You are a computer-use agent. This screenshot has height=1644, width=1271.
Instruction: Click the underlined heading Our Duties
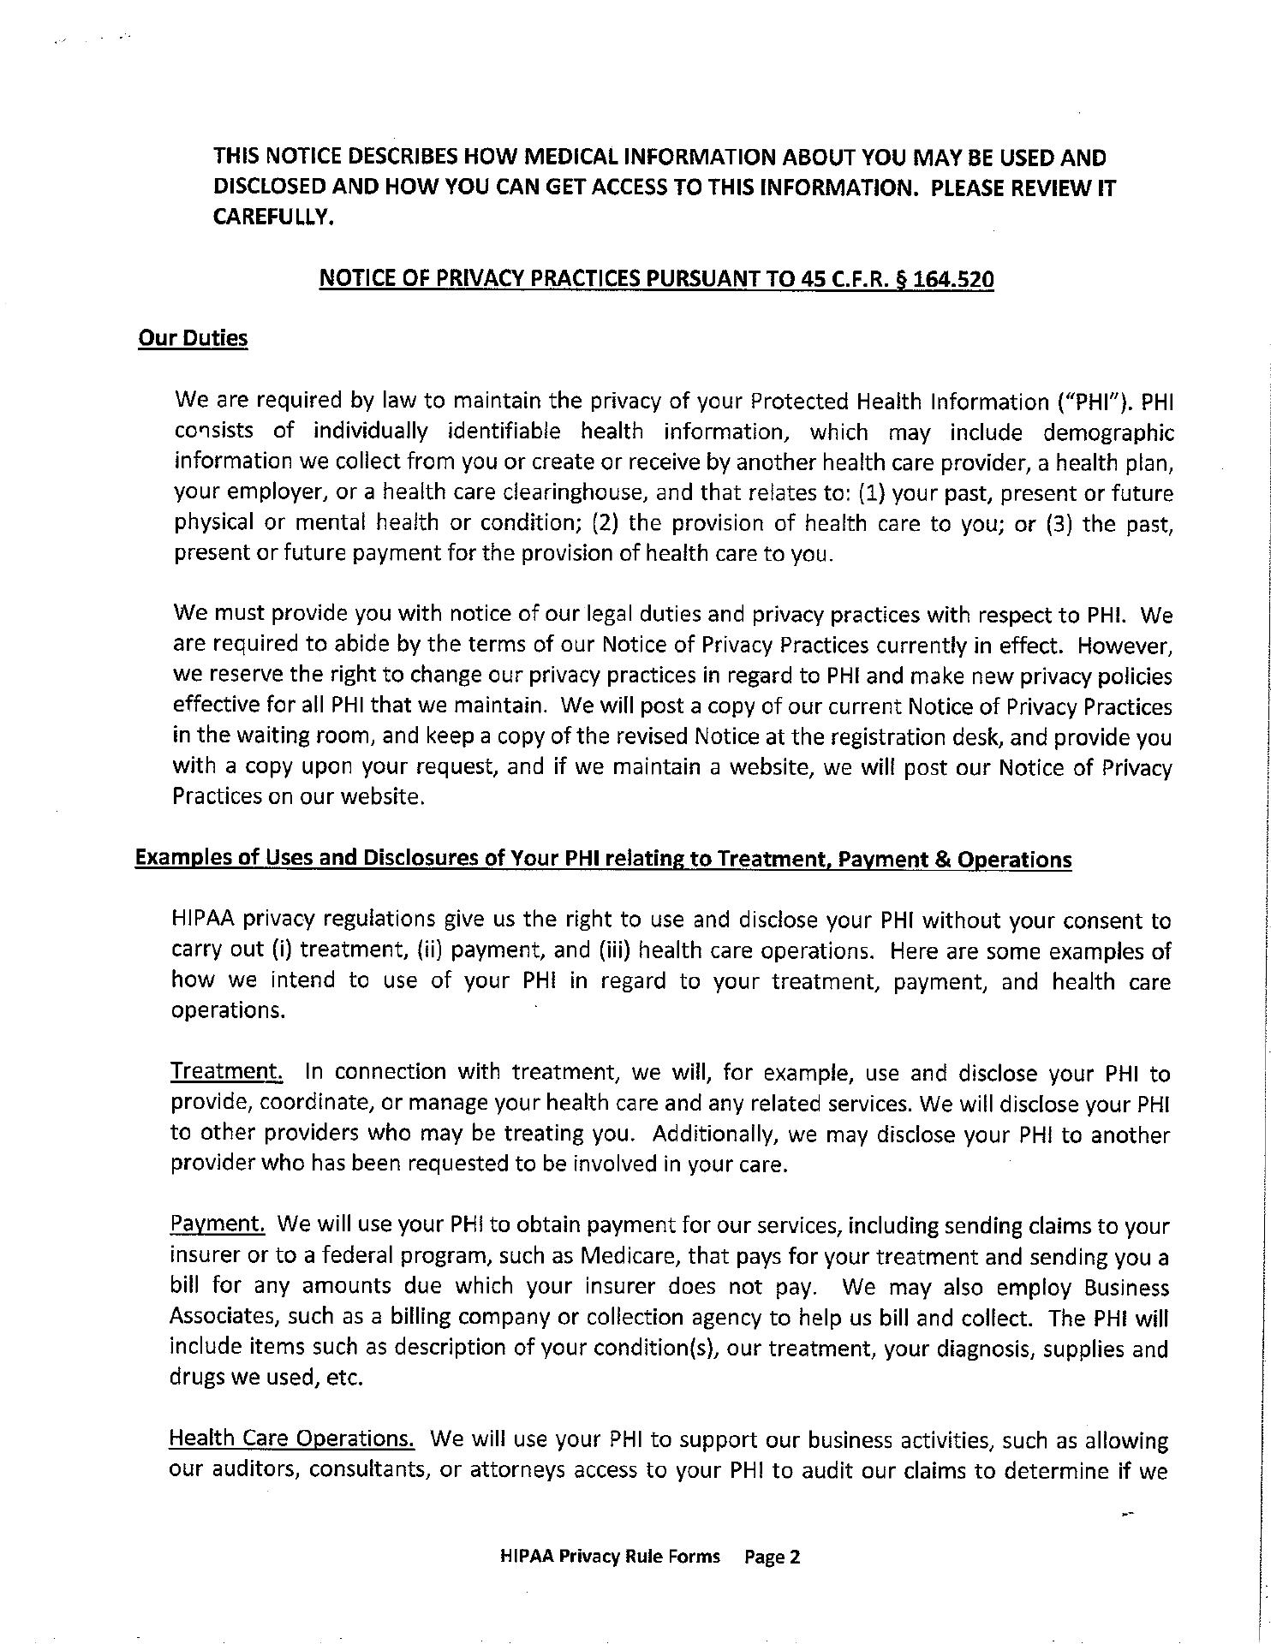pos(193,338)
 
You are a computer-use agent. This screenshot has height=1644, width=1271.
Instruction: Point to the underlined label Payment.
pos(218,1224)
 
